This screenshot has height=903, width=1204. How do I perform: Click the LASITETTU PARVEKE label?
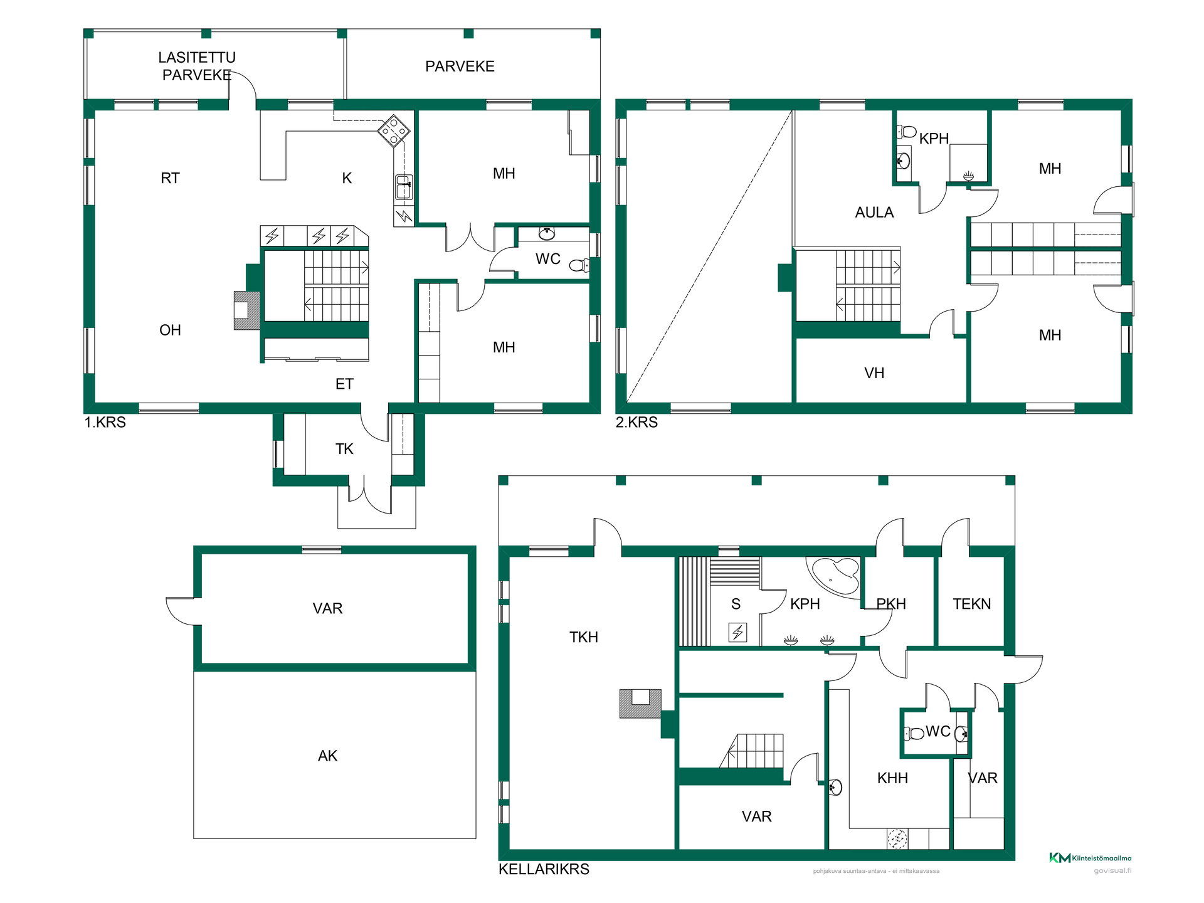[x=197, y=66]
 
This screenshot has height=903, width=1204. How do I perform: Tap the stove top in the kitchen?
[x=393, y=130]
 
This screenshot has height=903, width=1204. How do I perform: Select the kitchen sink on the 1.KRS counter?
[x=404, y=187]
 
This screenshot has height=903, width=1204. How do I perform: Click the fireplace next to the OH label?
[x=246, y=310]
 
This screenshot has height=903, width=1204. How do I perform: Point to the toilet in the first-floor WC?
[x=579, y=265]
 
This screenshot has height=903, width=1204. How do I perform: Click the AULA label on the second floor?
[x=874, y=213]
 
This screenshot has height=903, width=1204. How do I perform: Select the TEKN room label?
[x=972, y=604]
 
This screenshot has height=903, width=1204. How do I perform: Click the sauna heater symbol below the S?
[x=737, y=632]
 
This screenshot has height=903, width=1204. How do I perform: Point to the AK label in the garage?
[x=327, y=756]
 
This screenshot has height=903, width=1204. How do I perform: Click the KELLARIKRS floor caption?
[x=544, y=869]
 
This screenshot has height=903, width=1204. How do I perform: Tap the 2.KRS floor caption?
[x=636, y=422]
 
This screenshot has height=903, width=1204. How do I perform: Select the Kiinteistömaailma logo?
[x=1090, y=858]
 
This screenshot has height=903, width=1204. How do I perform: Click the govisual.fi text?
[x=1112, y=870]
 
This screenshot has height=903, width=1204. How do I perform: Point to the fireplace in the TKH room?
[x=640, y=704]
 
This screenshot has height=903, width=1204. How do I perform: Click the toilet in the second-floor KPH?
[x=906, y=132]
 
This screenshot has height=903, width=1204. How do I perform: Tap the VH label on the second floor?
[x=874, y=373]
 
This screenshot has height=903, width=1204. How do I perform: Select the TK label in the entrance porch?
[x=344, y=449]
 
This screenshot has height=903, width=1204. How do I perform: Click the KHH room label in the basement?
[x=892, y=778]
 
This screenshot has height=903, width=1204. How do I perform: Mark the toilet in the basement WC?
[x=914, y=732]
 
